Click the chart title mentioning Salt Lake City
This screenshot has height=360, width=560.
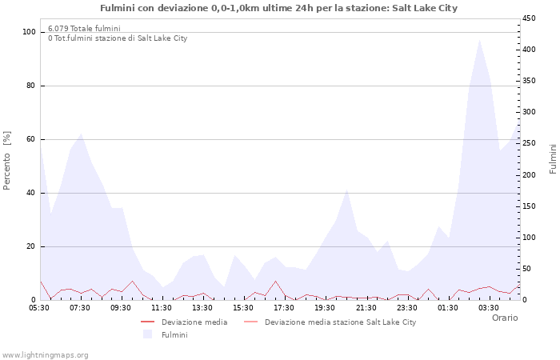click(279, 8)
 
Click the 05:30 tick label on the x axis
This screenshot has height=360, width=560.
click(39, 307)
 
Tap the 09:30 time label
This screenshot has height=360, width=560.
click(121, 307)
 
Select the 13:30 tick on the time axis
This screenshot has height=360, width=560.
click(202, 307)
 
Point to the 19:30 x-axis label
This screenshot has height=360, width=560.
click(325, 307)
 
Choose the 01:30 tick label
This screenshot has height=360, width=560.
click(447, 307)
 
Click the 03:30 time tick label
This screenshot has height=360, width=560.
click(488, 307)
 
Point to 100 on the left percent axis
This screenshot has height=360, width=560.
click(30, 32)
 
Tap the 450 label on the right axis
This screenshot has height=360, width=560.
click(529, 18)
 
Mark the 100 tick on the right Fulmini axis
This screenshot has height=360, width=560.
click(529, 238)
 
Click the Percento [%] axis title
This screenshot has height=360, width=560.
click(7, 161)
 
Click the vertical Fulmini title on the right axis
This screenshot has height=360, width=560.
click(552, 158)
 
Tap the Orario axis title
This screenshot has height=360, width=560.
click(504, 318)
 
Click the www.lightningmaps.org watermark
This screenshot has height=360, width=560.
click(46, 354)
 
